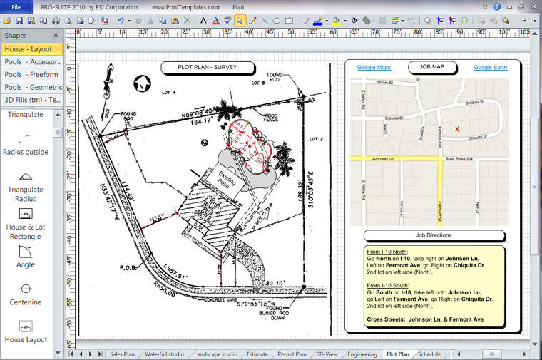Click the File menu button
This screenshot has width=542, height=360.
[16, 6]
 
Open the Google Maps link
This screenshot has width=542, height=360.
[374, 68]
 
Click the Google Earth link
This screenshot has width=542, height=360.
[490, 68]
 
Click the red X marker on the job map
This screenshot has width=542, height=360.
[457, 129]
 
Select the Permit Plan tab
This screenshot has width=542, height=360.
[291, 354]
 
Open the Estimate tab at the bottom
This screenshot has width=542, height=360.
[257, 354]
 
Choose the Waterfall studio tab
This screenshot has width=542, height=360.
[164, 354]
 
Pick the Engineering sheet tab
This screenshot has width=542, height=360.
[362, 354]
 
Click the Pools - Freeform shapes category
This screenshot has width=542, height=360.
[31, 74]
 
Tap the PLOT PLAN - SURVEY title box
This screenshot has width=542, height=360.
[208, 68]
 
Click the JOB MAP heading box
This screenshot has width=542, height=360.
[431, 68]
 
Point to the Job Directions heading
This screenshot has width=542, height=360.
[433, 235]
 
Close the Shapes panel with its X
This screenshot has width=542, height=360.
[56, 35]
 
